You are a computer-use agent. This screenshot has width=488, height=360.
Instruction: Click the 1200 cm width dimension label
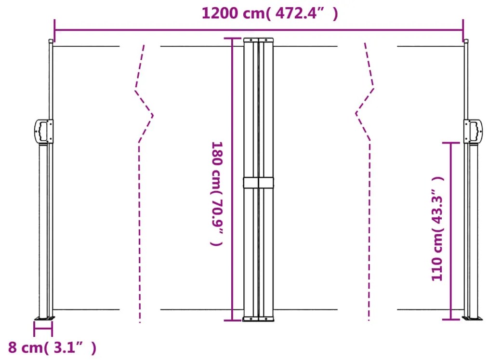[269, 13]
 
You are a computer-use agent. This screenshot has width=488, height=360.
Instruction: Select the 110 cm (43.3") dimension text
[437, 228]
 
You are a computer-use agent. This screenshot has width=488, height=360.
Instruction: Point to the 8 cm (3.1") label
[52, 347]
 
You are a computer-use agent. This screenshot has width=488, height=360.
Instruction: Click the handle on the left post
[43, 131]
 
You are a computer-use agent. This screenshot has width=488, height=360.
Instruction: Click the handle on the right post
[474, 131]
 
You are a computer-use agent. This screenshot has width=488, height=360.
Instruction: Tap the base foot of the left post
[44, 318]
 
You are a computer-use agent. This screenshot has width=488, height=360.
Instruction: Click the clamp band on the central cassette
[258, 183]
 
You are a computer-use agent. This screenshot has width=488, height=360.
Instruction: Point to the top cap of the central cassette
[258, 40]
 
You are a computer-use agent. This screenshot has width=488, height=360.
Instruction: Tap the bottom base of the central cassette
[258, 319]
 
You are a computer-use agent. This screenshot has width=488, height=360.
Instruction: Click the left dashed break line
[141, 183]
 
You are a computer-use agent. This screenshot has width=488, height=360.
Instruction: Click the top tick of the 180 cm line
[232, 39]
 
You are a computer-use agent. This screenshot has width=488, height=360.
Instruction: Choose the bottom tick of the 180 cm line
[232, 320]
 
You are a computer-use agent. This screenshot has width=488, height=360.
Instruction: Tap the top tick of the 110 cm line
[451, 143]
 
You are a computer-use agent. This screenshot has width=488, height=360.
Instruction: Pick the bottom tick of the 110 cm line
[451, 319]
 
